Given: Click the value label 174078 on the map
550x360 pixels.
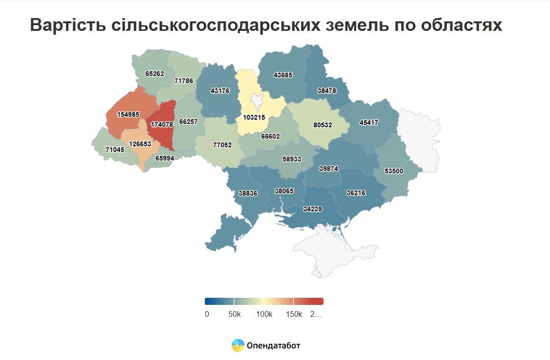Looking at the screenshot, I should pyautogui.click(x=161, y=124).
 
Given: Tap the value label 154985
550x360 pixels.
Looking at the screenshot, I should pyautogui.click(x=128, y=114).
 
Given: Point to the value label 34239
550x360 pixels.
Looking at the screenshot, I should pyautogui.click(x=313, y=208).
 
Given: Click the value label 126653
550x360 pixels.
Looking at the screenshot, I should pyautogui.click(x=140, y=144).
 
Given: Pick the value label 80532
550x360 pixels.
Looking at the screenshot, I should pyautogui.click(x=322, y=125).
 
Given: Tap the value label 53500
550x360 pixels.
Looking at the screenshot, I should pyautogui.click(x=394, y=171).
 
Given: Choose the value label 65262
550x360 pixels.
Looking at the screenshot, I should pyautogui.click(x=155, y=74).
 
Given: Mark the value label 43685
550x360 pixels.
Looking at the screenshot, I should pyautogui.click(x=283, y=75).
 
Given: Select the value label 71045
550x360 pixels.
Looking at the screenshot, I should pyautogui.click(x=115, y=150).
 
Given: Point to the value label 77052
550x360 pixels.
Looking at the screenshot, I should pyautogui.click(x=222, y=145).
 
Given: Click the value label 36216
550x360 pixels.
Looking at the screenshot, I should pyautogui.click(x=356, y=193).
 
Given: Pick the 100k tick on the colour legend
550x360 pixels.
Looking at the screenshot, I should pyautogui.click(x=264, y=314).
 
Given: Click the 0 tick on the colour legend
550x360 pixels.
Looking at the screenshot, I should pyautogui.click(x=207, y=314).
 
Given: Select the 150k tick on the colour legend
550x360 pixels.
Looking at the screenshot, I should pyautogui.click(x=294, y=314).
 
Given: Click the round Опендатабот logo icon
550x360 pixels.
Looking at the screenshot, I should pyautogui.click(x=238, y=345).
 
